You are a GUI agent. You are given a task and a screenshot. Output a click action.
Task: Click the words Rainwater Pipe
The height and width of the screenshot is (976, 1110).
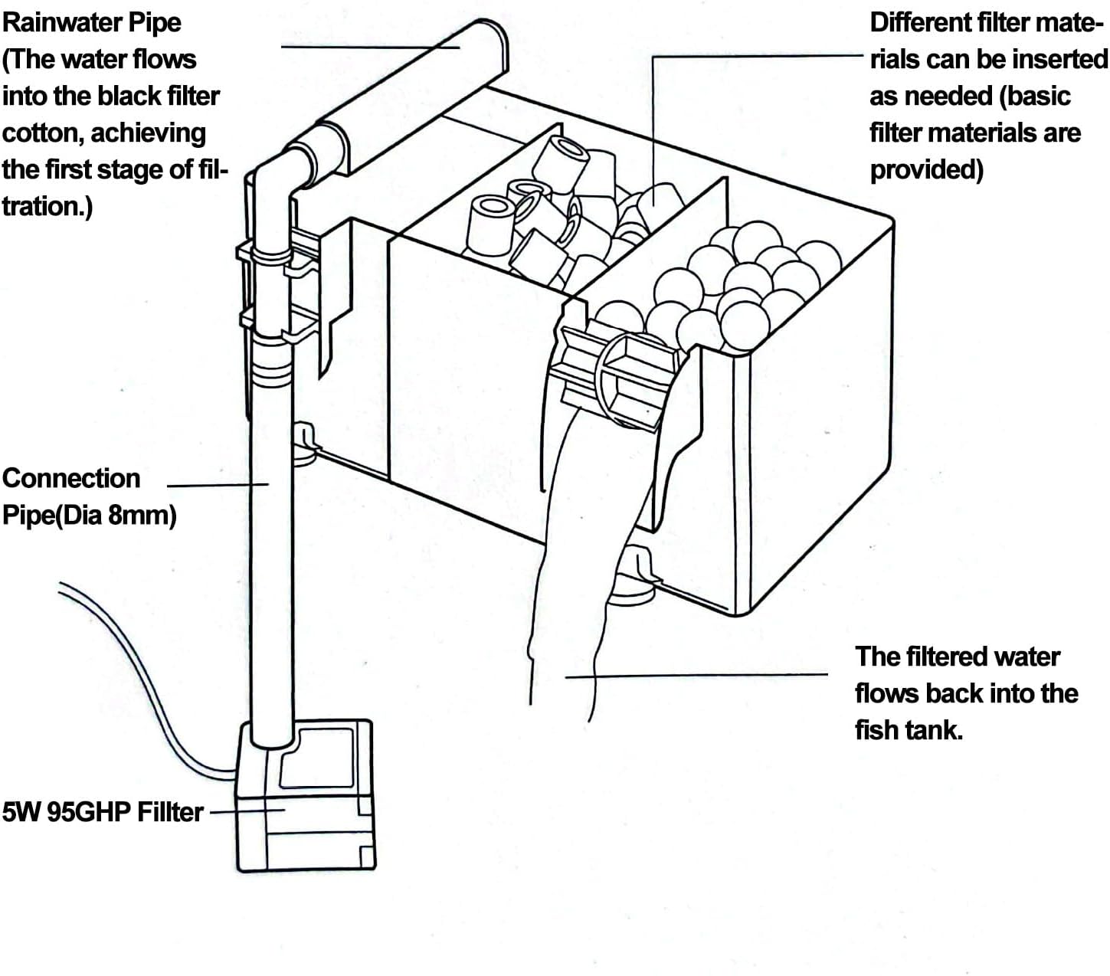(91, 23)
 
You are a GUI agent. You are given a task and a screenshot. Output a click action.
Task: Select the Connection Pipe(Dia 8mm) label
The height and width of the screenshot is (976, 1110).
(90, 496)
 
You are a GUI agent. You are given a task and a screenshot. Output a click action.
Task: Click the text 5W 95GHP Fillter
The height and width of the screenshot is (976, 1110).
(103, 811)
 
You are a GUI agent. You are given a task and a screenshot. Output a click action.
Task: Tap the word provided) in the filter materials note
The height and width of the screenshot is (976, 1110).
(926, 170)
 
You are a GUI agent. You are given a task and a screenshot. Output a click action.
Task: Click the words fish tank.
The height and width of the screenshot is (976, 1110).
(909, 730)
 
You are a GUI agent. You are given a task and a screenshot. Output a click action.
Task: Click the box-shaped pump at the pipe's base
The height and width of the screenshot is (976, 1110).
(306, 795)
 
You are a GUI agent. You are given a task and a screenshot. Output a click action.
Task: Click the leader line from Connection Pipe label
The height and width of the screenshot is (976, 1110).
(218, 485)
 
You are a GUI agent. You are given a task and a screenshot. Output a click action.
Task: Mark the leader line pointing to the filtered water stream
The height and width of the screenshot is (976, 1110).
(696, 676)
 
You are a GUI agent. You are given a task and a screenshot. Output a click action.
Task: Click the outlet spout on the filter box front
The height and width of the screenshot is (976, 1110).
(619, 378)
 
